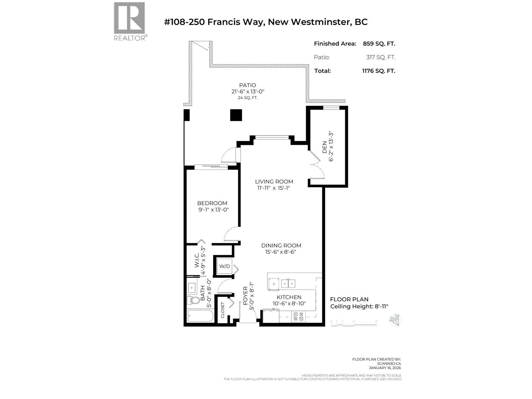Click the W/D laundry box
coord(224,266)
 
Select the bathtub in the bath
coord(200,316)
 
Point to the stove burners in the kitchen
coord(298,316)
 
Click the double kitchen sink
coord(288,284)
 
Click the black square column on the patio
coord(236,115)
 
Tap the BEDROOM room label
coord(212,203)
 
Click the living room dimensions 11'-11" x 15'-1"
coord(274,188)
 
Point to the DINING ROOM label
coord(281,245)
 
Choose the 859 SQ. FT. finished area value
coord(379,44)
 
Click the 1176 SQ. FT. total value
coord(379,71)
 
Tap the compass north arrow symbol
coord(395,320)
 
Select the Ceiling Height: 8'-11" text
coord(359,307)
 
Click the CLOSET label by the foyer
coord(222,310)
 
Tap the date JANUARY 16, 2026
coord(385,368)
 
